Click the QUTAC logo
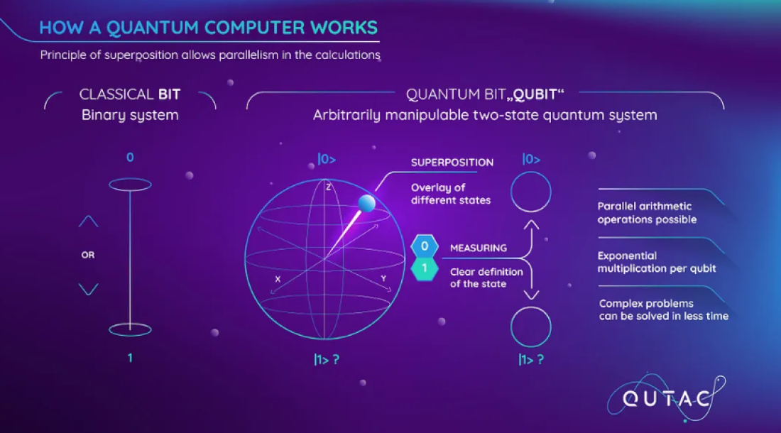667,398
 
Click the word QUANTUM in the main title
153,28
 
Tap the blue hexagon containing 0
425,246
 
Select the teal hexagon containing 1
425,269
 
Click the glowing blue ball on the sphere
366,203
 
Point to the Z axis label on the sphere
328,187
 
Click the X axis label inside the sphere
278,279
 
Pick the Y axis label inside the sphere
383,278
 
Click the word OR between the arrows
87,255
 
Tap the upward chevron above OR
89,221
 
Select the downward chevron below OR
89,289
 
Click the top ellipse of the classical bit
130,185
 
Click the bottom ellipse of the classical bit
130,329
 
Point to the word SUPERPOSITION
452,163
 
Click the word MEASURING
479,248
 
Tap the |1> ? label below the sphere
327,359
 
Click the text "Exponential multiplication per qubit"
657,263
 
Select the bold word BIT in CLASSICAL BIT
170,94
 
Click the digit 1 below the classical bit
130,358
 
